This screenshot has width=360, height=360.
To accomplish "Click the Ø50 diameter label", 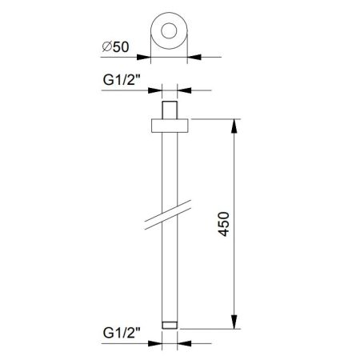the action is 116,47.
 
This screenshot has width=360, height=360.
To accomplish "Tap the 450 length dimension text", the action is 223,224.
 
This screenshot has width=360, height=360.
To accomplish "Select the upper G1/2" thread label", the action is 122,80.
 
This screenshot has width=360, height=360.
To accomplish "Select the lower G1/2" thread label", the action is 122,333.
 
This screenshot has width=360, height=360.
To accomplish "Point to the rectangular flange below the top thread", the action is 170,126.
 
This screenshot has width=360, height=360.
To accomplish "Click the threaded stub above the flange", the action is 170,110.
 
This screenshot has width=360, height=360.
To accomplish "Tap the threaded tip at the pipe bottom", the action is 170,325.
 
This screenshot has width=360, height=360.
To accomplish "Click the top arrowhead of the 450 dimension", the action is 234,126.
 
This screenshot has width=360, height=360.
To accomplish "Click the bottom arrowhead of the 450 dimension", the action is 234,322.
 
